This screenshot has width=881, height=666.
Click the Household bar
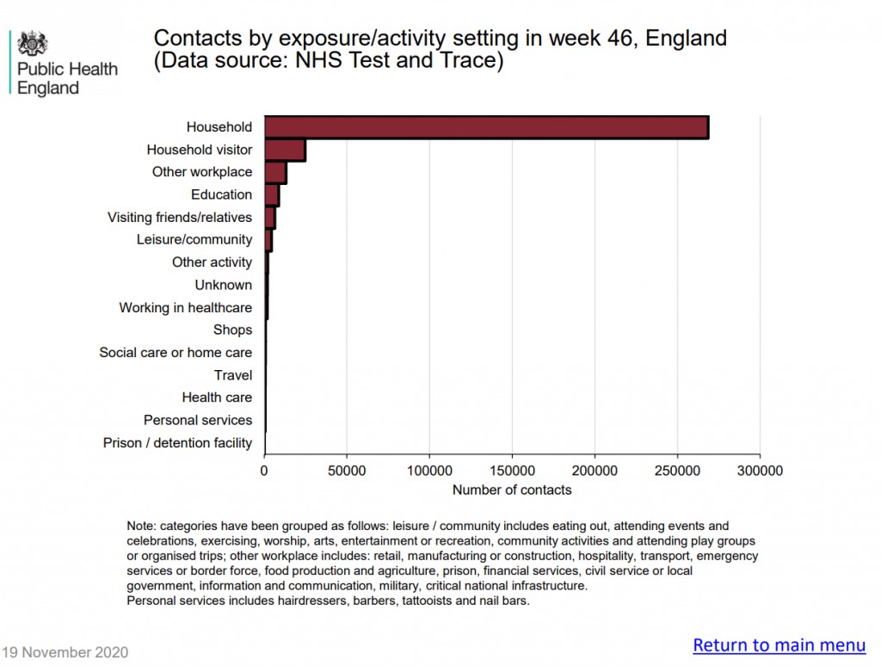point(486,127)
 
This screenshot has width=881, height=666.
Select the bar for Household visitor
point(285,150)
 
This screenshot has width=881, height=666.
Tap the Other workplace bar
point(275,172)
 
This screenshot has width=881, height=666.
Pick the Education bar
point(272,194)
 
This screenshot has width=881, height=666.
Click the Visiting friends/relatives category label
point(180,218)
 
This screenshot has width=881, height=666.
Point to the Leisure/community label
point(194,240)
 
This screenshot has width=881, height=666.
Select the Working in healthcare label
point(186,307)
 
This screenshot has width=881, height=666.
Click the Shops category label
point(233,330)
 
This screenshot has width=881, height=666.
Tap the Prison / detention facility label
point(177,443)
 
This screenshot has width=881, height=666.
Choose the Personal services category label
point(198,420)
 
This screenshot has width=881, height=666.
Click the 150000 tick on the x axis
point(512,471)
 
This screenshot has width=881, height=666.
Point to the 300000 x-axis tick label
point(760,471)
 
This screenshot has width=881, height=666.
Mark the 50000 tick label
point(347,471)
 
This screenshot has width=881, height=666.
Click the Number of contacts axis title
point(512,490)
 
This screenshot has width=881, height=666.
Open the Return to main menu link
point(779,645)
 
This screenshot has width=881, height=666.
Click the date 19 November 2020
point(65,652)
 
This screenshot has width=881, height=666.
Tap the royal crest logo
point(34,43)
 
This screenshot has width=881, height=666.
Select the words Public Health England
point(67,78)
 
